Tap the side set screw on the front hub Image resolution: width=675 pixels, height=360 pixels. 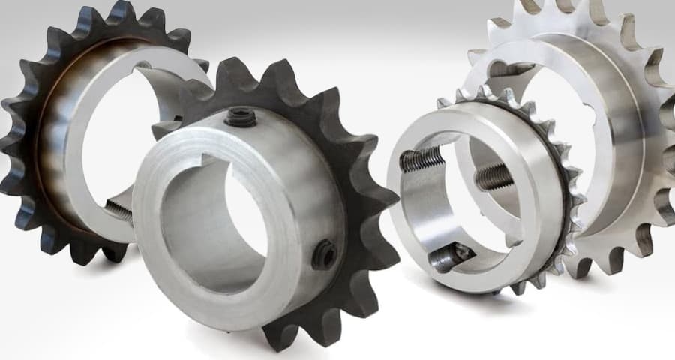pos(324,255)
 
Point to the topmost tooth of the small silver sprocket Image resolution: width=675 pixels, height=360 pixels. pos(480,91)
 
